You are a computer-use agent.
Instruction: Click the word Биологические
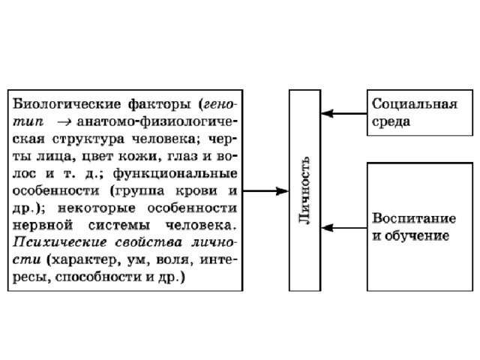pyautogui.click(x=67, y=105)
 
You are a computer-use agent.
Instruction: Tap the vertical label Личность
pyautogui.click(x=305, y=190)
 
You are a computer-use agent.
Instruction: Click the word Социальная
pyautogui.click(x=415, y=104)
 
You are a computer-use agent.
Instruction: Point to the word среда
pyautogui.click(x=391, y=121)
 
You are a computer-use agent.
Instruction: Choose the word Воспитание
pyautogui.click(x=414, y=218)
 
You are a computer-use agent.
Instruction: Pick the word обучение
pyautogui.click(x=417, y=235)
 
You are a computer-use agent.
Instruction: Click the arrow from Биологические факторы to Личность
pyautogui.click(x=265, y=191)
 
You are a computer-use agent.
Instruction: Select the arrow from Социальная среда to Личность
pyautogui.click(x=344, y=113)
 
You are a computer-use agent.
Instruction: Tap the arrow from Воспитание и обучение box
pyautogui.click(x=344, y=228)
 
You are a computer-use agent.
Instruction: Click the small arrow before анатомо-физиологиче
pyautogui.click(x=64, y=122)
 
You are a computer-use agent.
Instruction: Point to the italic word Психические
pyautogui.click(x=60, y=242)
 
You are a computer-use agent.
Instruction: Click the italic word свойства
pyautogui.click(x=148, y=242)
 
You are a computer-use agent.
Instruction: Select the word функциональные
pyautogui.click(x=175, y=174)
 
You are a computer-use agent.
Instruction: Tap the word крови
pyautogui.click(x=196, y=191)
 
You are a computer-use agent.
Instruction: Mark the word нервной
pyautogui.click(x=43, y=226)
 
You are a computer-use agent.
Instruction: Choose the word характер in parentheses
pyautogui.click(x=83, y=260)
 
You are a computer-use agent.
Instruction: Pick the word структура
pyautogui.click(x=88, y=139)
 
